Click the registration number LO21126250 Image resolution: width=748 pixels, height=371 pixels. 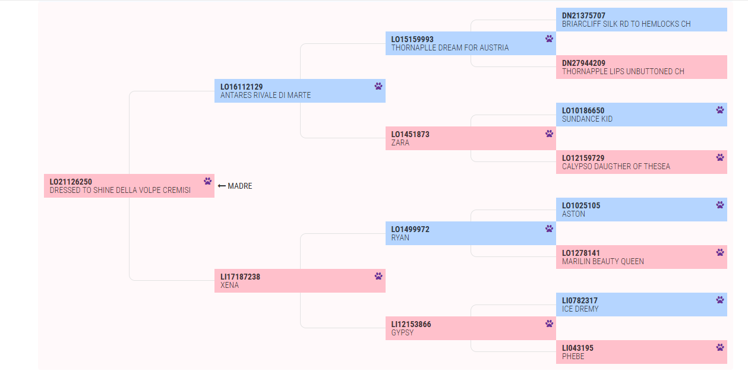tap(71, 182)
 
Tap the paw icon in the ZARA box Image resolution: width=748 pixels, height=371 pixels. tap(550, 134)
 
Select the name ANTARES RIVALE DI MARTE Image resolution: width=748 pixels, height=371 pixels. tap(266, 96)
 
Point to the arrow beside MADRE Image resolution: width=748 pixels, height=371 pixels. tap(222, 186)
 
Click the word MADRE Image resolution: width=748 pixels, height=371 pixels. tap(240, 186)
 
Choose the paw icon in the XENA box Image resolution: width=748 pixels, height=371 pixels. tap(378, 276)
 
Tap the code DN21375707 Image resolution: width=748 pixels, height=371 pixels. tap(583, 15)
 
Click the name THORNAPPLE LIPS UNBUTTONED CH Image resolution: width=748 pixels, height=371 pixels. tap(623, 71)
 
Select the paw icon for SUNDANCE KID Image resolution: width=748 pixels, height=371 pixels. tap(720, 110)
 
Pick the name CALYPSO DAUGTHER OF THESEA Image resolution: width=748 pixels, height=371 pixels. tap(616, 166)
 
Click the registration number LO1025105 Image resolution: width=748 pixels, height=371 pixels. tap(581, 205)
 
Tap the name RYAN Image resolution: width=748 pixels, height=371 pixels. tap(400, 238)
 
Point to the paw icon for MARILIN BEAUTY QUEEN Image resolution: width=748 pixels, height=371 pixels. tap(720, 252)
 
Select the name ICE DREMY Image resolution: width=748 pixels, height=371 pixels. tap(580, 309)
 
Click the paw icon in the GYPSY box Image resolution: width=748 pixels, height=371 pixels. tap(550, 324)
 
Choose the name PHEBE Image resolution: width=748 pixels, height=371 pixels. tap(573, 356)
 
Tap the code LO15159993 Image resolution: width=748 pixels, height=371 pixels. tap(412, 39)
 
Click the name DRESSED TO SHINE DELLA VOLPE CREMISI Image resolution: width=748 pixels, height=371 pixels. tap(120, 190)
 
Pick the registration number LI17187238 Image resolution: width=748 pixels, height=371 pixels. tap(240, 277)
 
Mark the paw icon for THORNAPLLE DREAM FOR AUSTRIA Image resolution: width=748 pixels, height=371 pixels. tap(550, 39)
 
